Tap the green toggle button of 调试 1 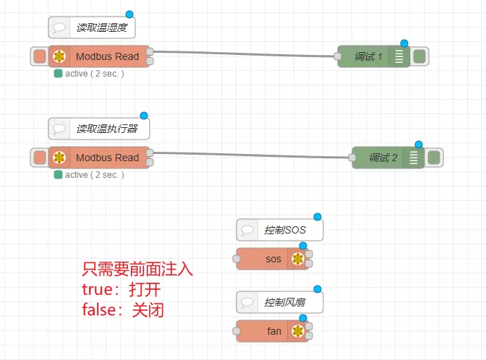(419, 56)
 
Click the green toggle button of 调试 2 (434, 158)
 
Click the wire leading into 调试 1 (246, 53)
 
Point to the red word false (102, 309)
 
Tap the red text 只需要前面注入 (137, 270)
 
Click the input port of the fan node (236, 332)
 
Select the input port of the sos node (236, 260)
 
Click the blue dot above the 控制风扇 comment (317, 289)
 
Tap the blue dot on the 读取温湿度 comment (129, 14)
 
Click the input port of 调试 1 (338, 57)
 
